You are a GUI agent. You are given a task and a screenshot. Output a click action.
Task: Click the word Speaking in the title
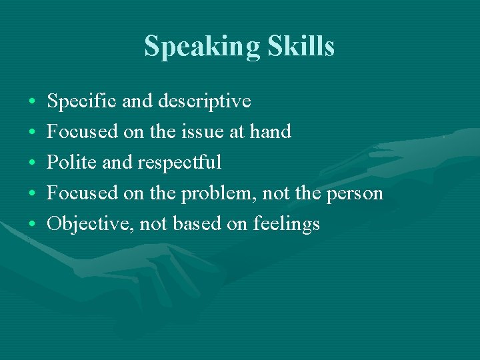click(201, 47)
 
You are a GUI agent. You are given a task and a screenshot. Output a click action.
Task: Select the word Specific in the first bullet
click(77, 101)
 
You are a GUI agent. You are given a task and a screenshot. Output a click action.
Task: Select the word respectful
click(180, 163)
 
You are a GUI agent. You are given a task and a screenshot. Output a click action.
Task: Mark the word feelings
click(287, 225)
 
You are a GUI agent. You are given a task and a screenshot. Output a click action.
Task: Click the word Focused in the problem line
click(82, 193)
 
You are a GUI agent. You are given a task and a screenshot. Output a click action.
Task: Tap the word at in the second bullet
click(237, 133)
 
